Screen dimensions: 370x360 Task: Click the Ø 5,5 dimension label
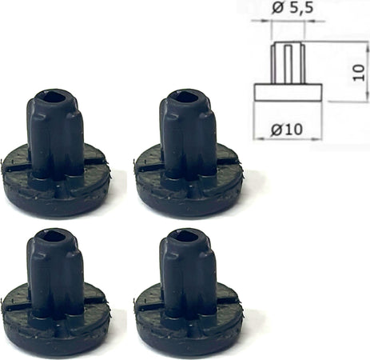tap(292, 8)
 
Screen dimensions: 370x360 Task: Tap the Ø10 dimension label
tap(287, 130)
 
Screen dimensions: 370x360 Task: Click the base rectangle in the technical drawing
tap(288, 92)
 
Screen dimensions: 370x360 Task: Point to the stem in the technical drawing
tap(288, 63)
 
